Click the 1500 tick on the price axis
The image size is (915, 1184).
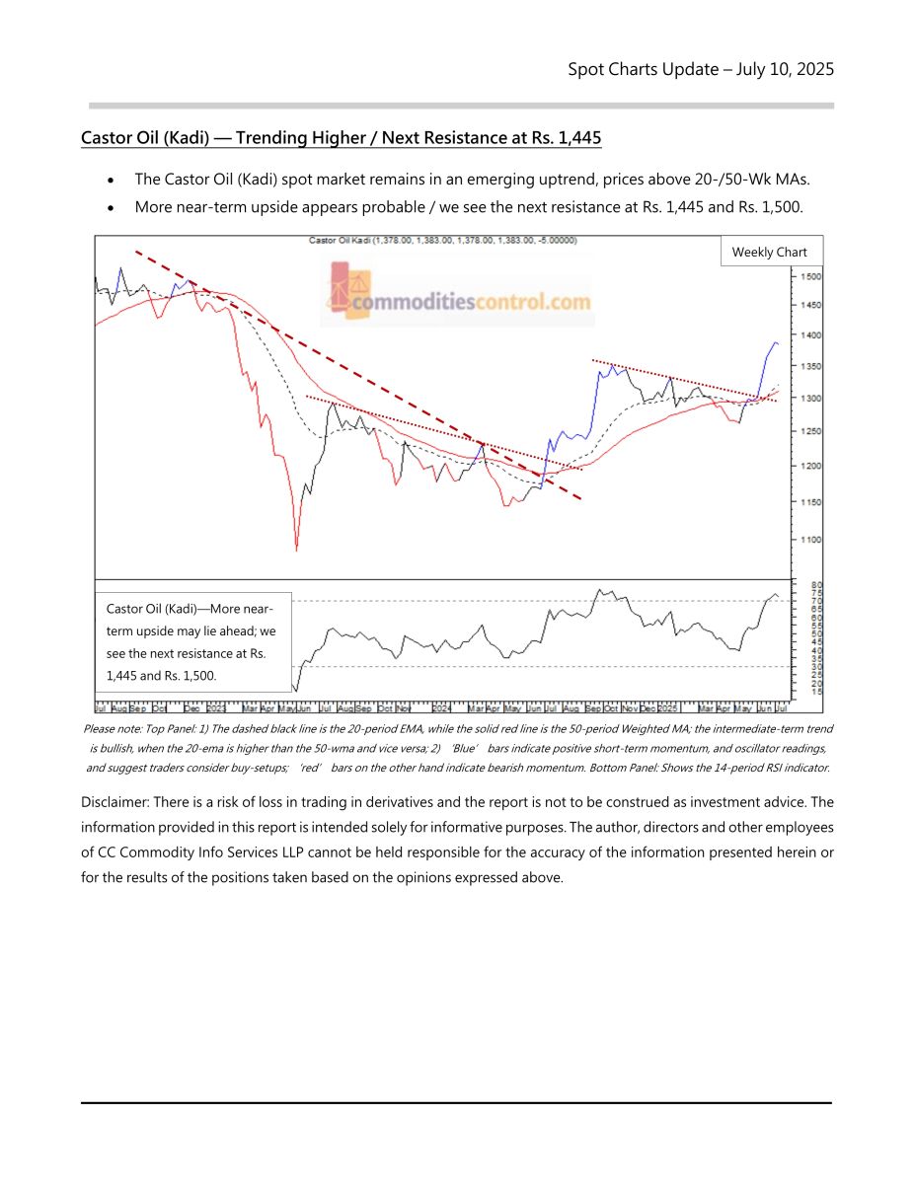809,277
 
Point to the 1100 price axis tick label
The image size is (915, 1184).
809,540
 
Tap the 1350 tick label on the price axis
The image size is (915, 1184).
809,367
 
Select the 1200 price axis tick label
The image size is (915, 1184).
809,466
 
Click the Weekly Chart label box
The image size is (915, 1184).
769,253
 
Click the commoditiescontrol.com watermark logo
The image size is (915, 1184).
457,293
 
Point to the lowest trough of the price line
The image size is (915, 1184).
296,550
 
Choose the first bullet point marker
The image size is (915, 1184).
114,181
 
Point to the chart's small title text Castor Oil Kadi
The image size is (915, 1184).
338,240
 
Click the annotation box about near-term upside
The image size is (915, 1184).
193,641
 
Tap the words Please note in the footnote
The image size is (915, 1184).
112,729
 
